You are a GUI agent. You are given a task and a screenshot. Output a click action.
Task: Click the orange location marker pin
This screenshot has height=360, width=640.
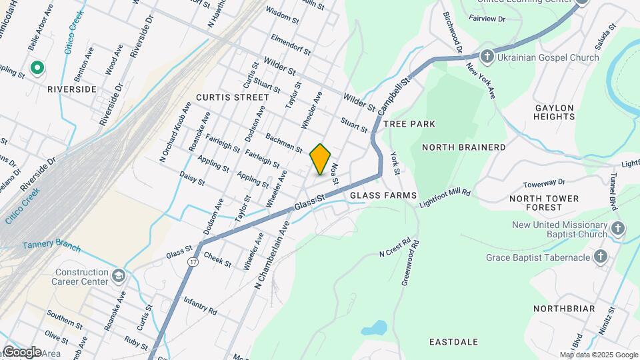tap(321, 159)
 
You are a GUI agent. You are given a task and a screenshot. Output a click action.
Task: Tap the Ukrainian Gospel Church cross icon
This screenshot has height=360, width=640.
tap(487, 57)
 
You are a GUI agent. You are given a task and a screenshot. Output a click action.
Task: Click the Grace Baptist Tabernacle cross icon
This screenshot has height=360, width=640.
tap(601, 256)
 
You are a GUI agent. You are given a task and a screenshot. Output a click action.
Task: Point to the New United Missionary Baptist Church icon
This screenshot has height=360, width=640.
tap(617, 229)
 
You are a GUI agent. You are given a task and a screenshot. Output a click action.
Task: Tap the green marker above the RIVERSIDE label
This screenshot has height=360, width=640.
tap(38, 68)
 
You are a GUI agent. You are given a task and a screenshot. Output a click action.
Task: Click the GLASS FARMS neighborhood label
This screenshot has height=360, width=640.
tap(383, 195)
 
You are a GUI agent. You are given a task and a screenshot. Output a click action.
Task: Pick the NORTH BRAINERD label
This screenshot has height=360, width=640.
tap(463, 147)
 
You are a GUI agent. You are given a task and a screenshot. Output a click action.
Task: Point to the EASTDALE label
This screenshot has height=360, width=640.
tap(453, 342)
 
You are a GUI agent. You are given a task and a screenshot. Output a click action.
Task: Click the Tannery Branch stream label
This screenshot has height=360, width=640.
tap(51, 247)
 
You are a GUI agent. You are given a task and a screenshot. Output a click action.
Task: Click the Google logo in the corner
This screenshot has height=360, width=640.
tap(21, 351)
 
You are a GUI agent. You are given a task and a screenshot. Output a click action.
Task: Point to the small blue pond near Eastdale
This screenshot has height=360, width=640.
tap(374, 328)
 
